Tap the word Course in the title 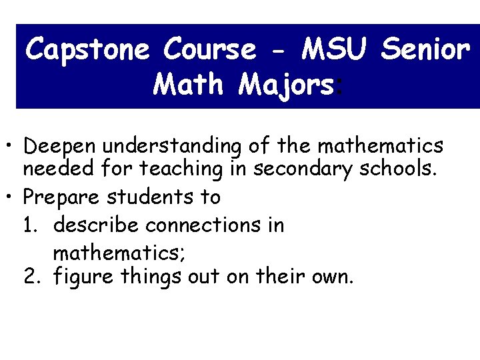point(209,49)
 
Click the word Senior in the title point(427,49)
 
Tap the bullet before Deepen point(12,145)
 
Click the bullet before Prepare point(12,197)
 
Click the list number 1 point(30,225)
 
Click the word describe point(97,225)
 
